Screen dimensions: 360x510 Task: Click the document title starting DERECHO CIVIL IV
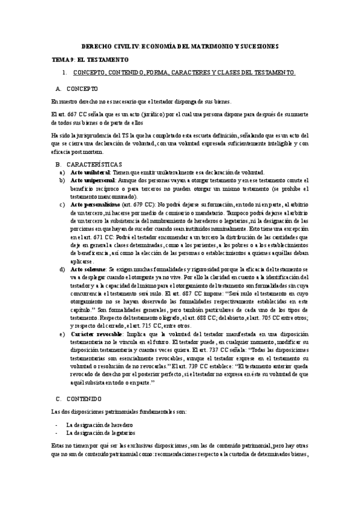(x=180, y=46)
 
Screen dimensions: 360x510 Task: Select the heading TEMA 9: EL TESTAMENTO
(x=91, y=60)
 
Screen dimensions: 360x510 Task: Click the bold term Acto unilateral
(x=85, y=171)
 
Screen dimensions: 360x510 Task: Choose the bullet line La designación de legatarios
(x=101, y=432)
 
